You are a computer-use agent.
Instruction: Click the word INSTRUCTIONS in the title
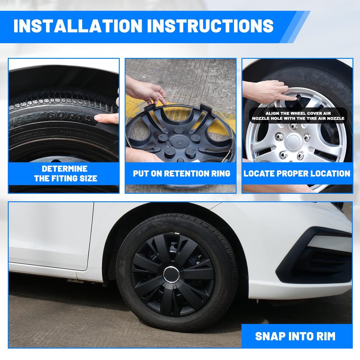coord(210,26)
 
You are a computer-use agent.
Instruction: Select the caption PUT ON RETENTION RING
coord(181,173)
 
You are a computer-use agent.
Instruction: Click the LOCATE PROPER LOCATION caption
coord(297,173)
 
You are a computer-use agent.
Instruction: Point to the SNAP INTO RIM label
coord(295,336)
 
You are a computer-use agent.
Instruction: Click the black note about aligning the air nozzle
coord(298,116)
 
